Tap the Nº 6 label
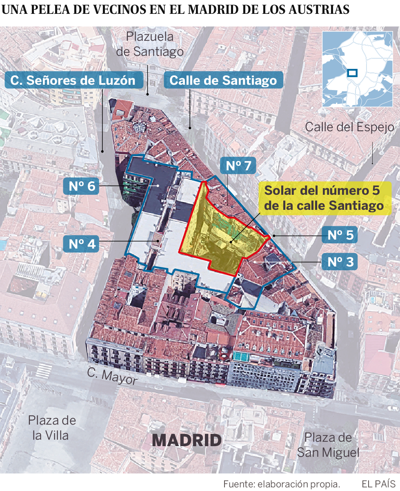pos(82,186)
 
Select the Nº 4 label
pos(82,243)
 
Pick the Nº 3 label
pos(340,262)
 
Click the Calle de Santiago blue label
pos(223,80)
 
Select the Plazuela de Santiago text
pos(150,44)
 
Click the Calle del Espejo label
pos(350,127)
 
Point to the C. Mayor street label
pos(111,377)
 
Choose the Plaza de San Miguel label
pos(328,445)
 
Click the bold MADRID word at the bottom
pos(187,440)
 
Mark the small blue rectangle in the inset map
pos(351,73)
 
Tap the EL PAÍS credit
pos(378,484)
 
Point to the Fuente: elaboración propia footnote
pos(282,484)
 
